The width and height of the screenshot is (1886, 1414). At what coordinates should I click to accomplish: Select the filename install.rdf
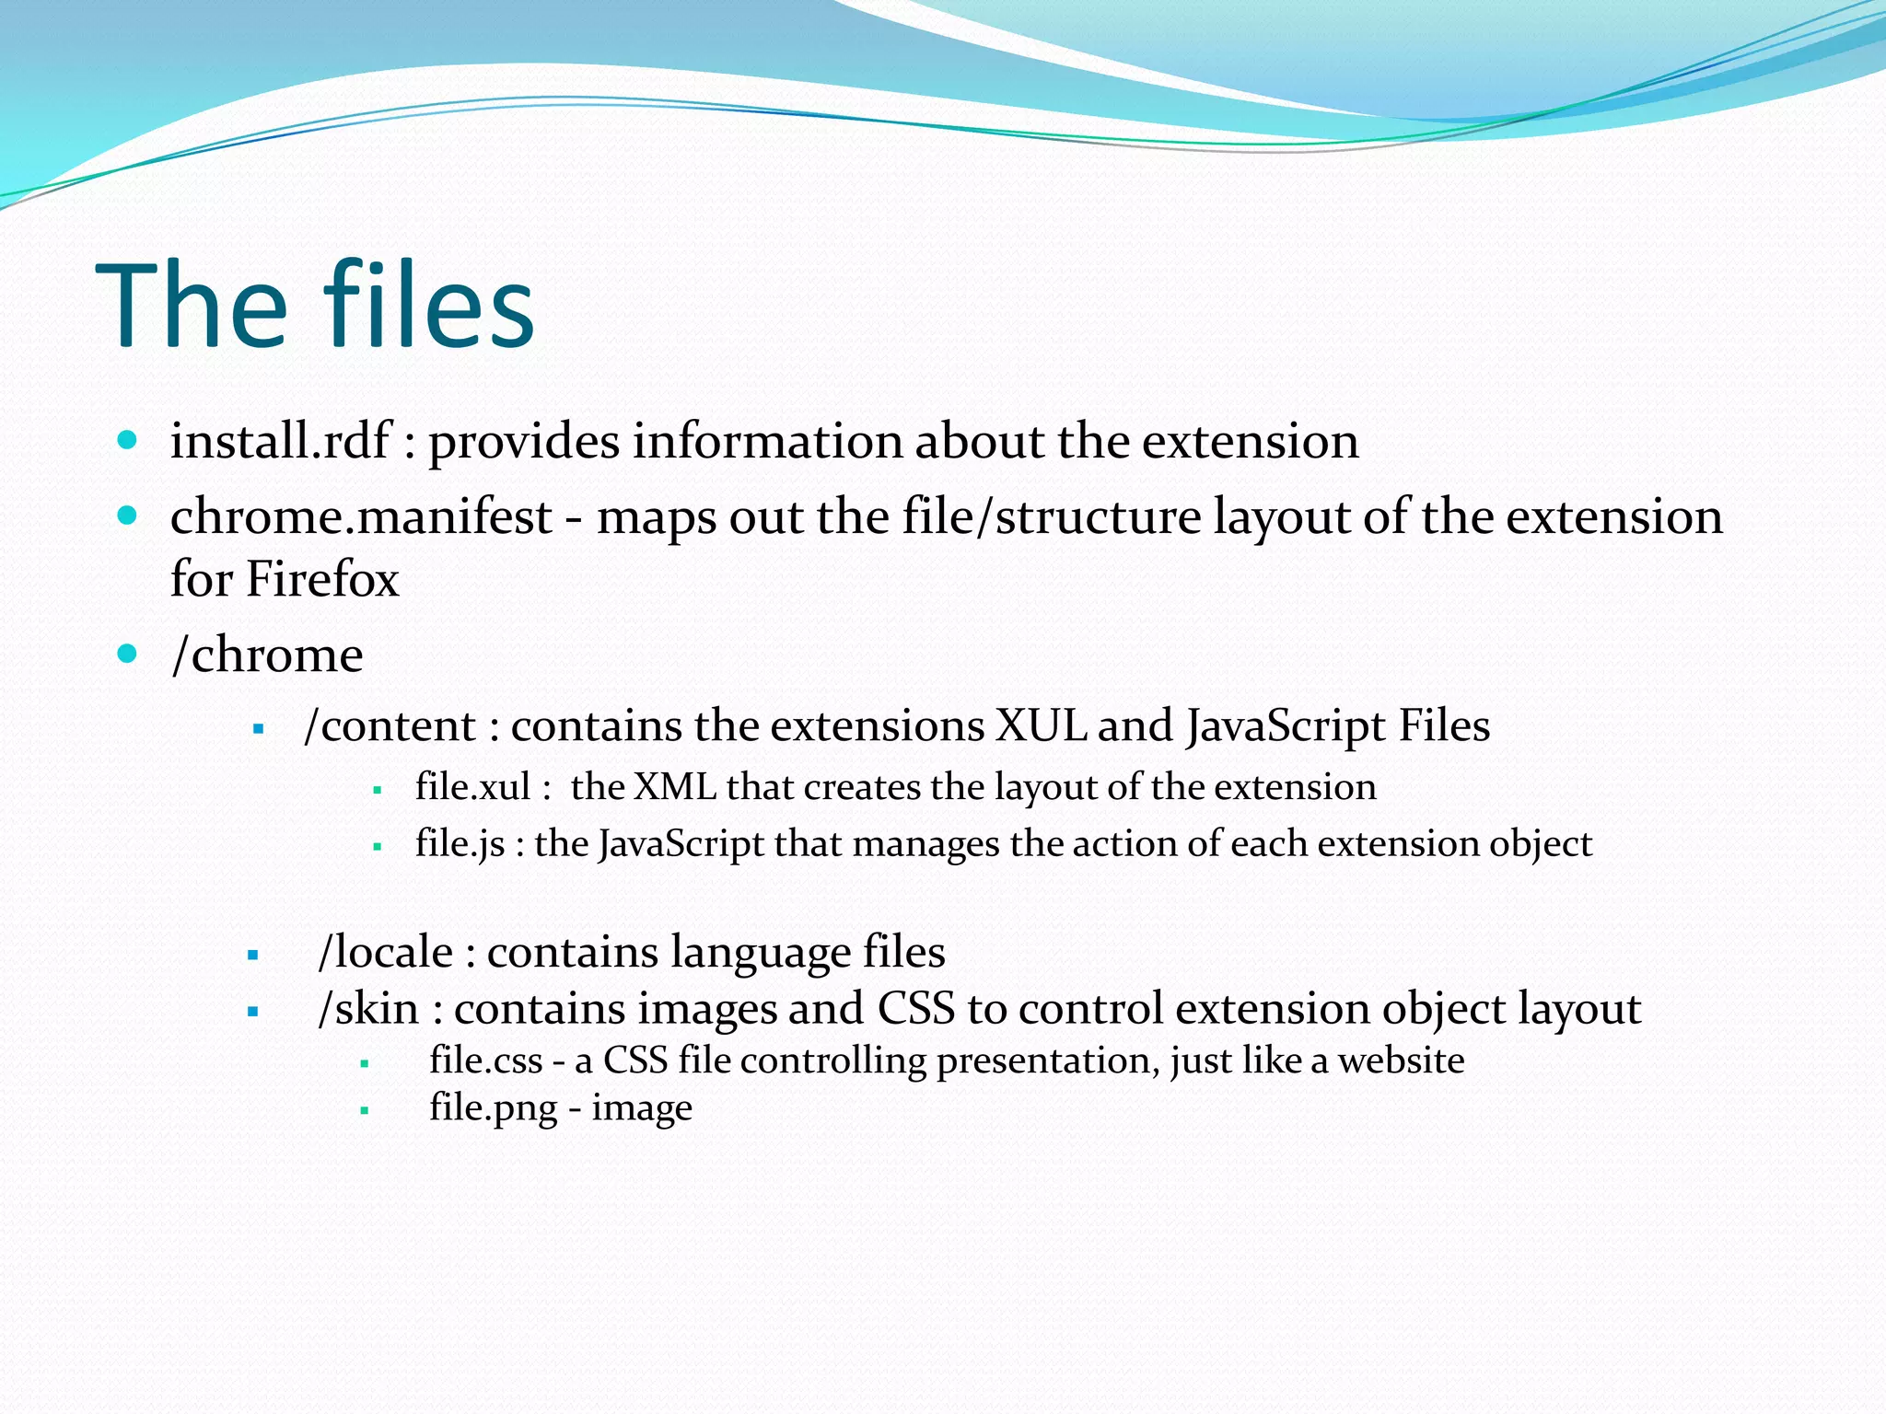pyautogui.click(x=280, y=441)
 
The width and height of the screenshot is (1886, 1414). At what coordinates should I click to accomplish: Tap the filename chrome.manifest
pyautogui.click(x=361, y=516)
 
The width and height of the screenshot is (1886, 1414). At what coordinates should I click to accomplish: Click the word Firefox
pyautogui.click(x=322, y=579)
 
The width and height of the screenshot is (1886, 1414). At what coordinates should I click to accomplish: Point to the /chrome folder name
pyautogui.click(x=267, y=655)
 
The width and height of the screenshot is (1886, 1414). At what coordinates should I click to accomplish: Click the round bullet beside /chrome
pyautogui.click(x=128, y=654)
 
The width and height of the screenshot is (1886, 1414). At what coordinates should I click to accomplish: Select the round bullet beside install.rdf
pyautogui.click(x=128, y=439)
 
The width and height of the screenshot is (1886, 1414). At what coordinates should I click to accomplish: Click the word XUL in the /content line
pyautogui.click(x=1042, y=725)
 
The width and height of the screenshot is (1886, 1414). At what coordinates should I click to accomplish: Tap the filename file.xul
pyautogui.click(x=472, y=787)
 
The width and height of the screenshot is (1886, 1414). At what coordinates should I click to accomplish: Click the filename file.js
pyautogui.click(x=460, y=844)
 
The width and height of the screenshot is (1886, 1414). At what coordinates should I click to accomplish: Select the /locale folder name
pyautogui.click(x=386, y=952)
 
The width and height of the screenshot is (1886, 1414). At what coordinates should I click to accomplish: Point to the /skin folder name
pyautogui.click(x=368, y=1008)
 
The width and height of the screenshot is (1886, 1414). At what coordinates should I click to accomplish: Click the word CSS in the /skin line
pyautogui.click(x=916, y=1008)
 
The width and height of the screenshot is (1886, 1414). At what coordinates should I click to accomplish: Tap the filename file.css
pyautogui.click(x=485, y=1060)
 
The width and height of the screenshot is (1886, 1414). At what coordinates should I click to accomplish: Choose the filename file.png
pyautogui.click(x=493, y=1108)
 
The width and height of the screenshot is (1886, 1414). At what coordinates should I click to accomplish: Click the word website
pyautogui.click(x=1401, y=1060)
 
